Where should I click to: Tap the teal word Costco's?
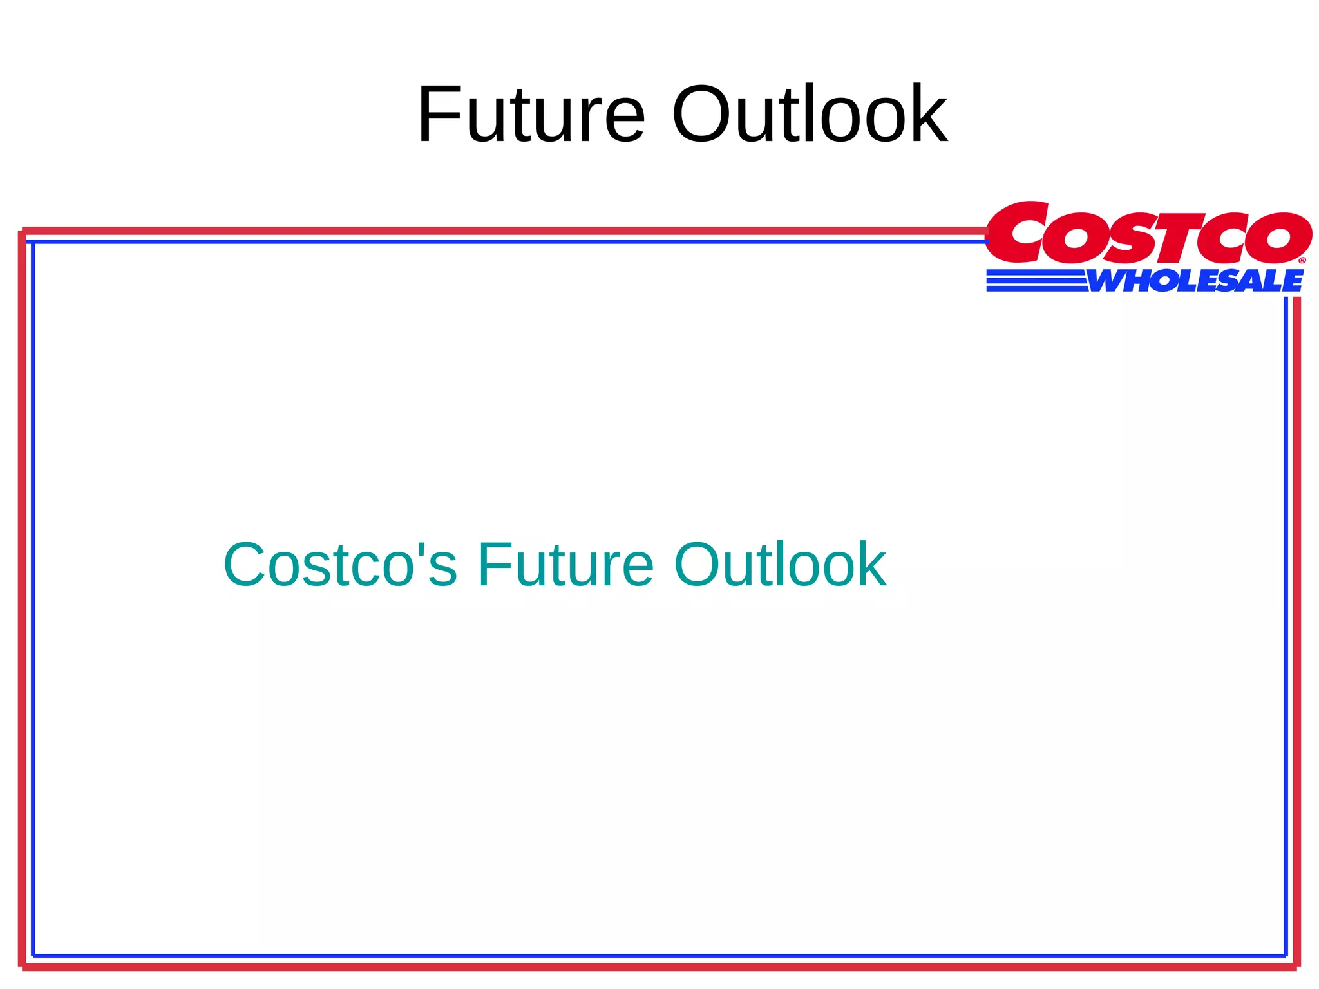click(x=340, y=565)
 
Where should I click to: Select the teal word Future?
click(x=565, y=565)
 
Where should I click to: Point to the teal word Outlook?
click(x=780, y=565)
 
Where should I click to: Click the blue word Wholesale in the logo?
click(x=1195, y=281)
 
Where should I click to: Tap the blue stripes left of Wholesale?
click(x=1036, y=281)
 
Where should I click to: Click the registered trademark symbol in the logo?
click(x=1302, y=261)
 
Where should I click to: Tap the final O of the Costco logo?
click(x=1278, y=238)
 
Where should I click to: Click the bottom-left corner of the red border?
click(x=24, y=966)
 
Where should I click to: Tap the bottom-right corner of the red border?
click(x=1296, y=966)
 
